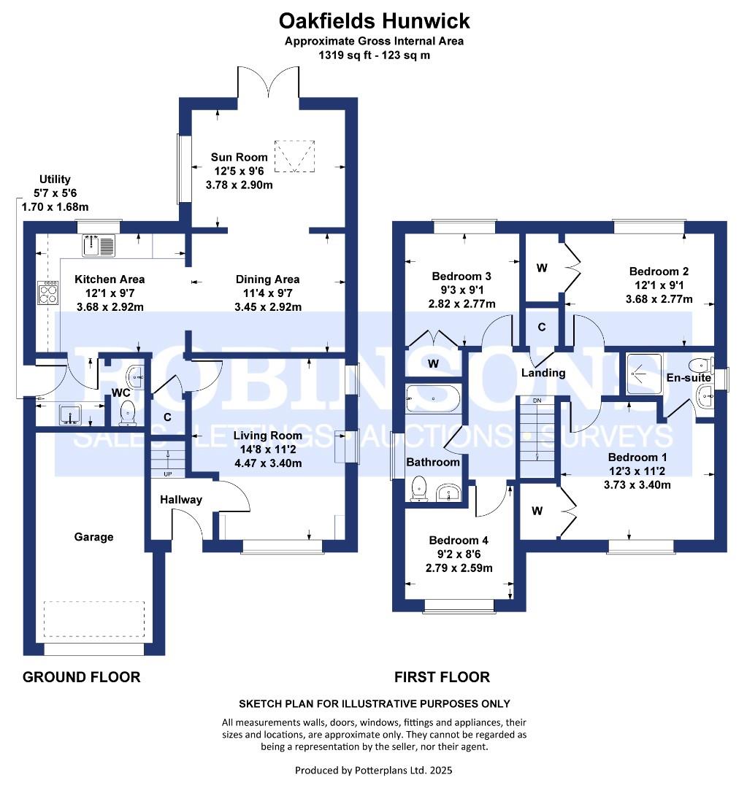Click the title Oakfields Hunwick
tap(374, 21)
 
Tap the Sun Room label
tap(239, 158)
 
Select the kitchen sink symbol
tap(99, 245)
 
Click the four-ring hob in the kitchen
tap(48, 293)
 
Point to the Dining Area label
tap(267, 279)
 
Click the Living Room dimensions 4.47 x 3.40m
tap(268, 463)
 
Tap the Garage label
tap(93, 537)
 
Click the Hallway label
tap(181, 500)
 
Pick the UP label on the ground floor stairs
tap(168, 474)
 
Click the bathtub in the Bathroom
tap(433, 399)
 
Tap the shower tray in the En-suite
tap(644, 374)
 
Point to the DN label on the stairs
tap(537, 401)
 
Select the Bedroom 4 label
tap(459, 540)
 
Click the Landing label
tap(543, 373)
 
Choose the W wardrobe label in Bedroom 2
tap(542, 268)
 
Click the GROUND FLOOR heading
tap(82, 677)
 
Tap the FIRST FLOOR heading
tap(442, 677)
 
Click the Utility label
tap(55, 179)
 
